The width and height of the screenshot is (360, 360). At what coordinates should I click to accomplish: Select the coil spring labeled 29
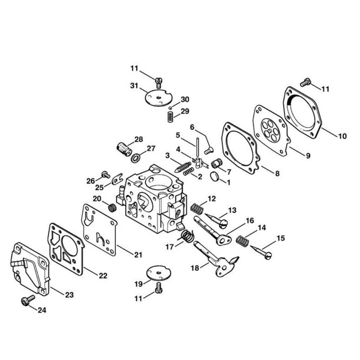tap(171, 117)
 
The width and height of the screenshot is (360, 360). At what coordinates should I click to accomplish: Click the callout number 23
tap(69, 295)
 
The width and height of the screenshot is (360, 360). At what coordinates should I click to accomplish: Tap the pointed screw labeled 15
tap(261, 252)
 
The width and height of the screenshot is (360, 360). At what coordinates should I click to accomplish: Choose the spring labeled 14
tap(243, 241)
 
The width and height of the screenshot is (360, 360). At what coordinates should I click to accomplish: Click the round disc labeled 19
tap(158, 273)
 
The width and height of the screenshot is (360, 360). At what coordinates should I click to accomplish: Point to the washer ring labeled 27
tap(136, 158)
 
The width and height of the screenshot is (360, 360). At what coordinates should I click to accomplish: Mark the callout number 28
tap(139, 139)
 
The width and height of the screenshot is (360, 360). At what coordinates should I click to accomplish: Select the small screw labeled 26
tap(106, 175)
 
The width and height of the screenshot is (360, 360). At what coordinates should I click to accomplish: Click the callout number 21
tap(138, 255)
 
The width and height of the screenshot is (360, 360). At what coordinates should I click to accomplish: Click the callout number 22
tap(103, 275)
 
